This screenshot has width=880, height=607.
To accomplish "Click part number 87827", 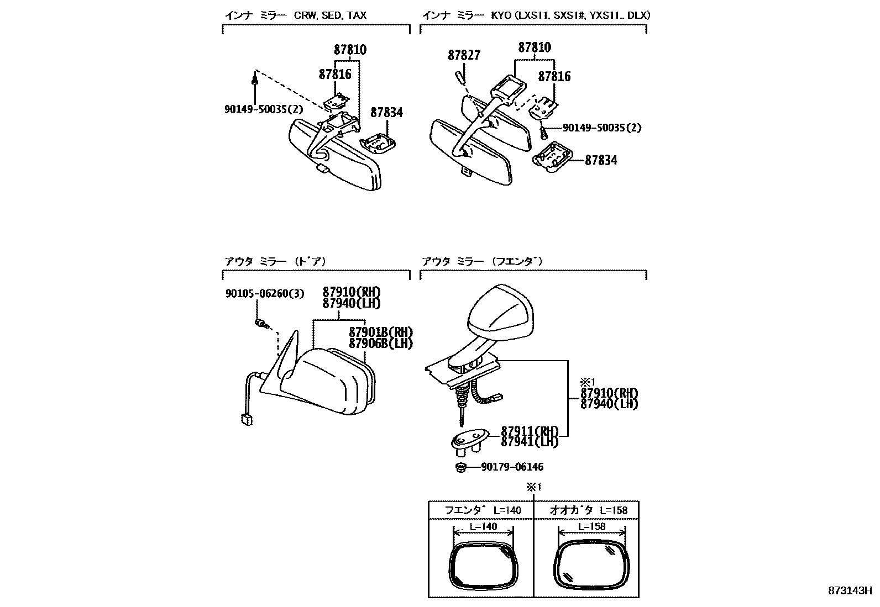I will point(464,55).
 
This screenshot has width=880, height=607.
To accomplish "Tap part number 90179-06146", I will point(512,467).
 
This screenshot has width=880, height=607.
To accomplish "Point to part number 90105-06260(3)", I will point(264,294).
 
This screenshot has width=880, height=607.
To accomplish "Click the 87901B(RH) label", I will point(381,332).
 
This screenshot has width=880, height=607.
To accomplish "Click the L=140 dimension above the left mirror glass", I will point(483,526).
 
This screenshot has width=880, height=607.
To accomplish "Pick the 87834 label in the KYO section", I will point(601,160).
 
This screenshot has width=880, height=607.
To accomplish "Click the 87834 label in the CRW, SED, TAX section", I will point(386,113).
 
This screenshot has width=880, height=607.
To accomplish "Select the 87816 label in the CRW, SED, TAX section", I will point(335,74).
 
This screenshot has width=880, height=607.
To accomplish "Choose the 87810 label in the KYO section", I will point(535,48).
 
